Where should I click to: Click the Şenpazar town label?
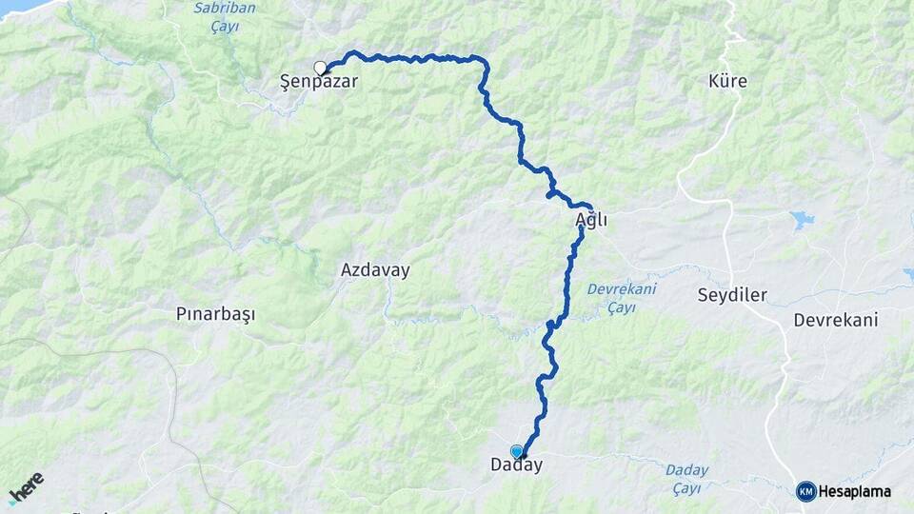click(319, 83)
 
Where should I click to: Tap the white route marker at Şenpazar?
click(320, 68)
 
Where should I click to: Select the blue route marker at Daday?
click(517, 451)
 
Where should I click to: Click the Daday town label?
click(516, 466)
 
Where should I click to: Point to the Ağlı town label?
click(591, 221)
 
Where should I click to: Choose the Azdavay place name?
click(375, 270)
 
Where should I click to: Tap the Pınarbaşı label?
click(216, 313)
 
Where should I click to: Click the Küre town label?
click(728, 82)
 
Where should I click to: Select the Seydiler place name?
click(732, 295)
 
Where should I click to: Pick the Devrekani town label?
click(837, 320)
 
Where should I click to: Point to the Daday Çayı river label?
click(686, 479)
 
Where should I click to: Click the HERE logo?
click(26, 488)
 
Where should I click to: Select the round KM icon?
click(805, 491)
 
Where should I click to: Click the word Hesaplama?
click(854, 492)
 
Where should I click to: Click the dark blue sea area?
click(19, 6)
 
